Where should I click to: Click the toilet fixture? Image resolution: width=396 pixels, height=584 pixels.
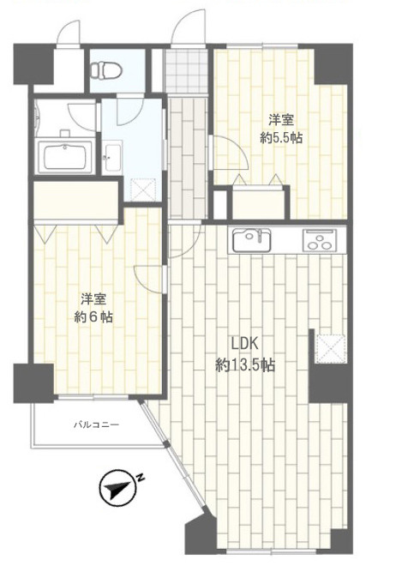click(x=106, y=69)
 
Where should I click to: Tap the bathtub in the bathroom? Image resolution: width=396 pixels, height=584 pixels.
click(x=66, y=156)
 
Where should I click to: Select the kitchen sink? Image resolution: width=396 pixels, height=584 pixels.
click(x=252, y=240)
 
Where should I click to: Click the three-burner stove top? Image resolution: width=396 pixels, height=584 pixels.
click(x=320, y=241)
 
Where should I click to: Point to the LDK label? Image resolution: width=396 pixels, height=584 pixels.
click(x=244, y=344)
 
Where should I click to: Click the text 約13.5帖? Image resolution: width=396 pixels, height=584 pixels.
click(x=245, y=365)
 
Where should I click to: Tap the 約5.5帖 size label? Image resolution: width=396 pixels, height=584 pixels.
click(x=281, y=139)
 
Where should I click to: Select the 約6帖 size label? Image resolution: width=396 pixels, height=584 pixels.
click(x=93, y=317)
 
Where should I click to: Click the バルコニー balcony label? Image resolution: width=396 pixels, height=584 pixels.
click(x=96, y=424)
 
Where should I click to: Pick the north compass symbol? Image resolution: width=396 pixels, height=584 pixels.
click(x=117, y=488)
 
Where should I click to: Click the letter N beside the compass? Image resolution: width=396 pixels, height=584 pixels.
click(x=140, y=478)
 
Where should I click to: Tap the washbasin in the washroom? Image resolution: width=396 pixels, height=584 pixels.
click(x=112, y=157)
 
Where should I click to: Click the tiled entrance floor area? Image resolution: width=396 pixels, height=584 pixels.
click(x=185, y=71)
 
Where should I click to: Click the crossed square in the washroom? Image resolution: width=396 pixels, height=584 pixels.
click(x=143, y=190)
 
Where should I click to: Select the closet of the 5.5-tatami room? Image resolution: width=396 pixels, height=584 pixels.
click(x=257, y=204)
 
